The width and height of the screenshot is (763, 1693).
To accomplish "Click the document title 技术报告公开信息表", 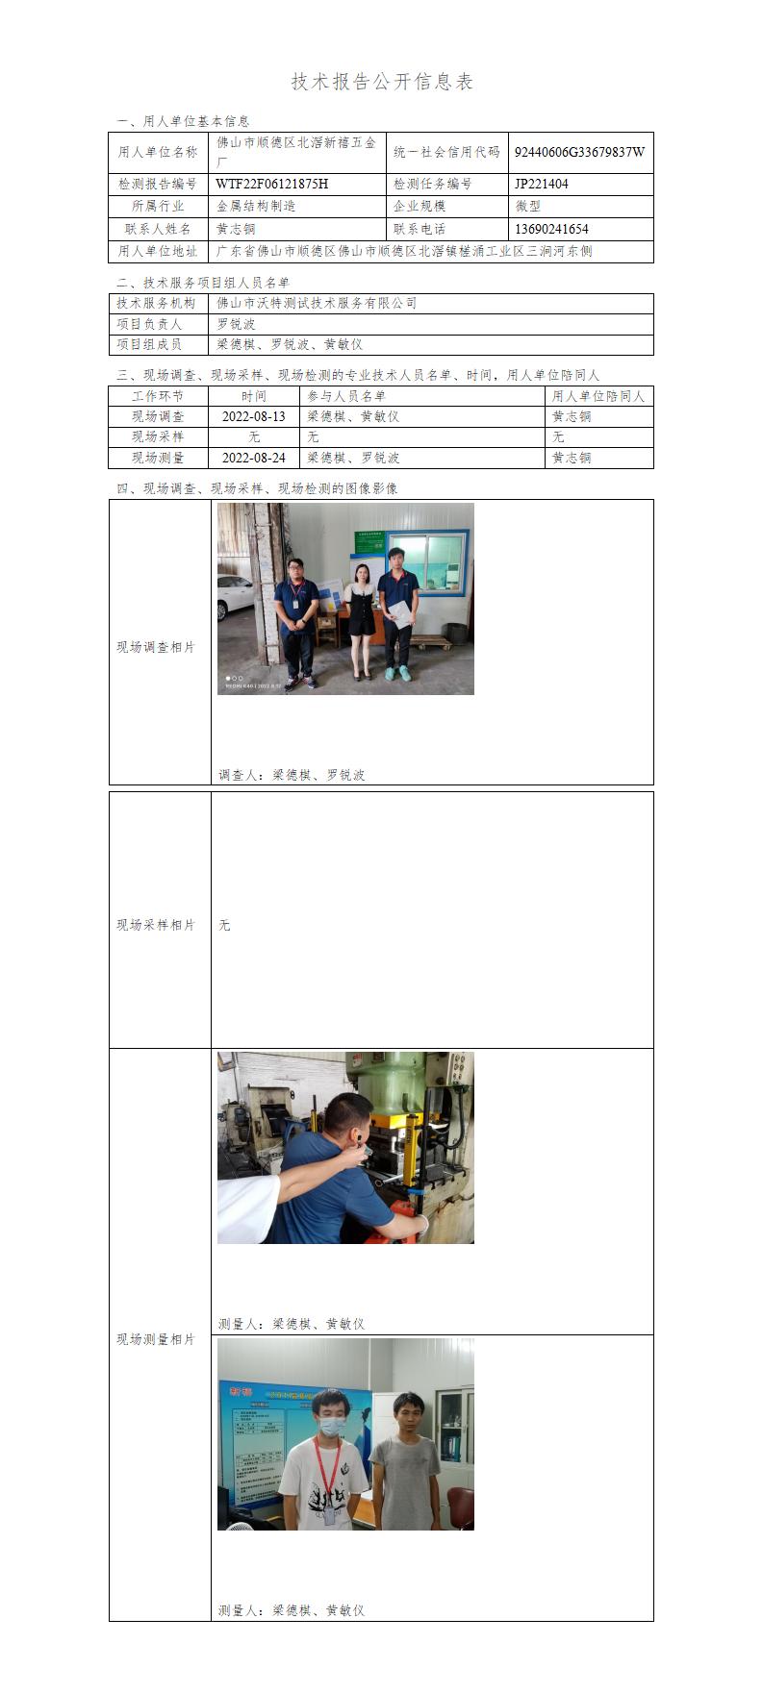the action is (382, 82).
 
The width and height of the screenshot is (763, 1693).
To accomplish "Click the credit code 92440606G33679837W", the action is (579, 152).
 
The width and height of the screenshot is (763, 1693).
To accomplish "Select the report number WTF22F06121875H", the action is (271, 184).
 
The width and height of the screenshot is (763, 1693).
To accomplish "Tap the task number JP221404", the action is (542, 184).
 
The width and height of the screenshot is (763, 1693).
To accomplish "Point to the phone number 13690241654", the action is (551, 229).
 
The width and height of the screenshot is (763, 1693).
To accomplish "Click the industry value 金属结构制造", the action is (256, 206).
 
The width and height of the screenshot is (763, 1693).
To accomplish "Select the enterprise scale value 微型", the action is (528, 206).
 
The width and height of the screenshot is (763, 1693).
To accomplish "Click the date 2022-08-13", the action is (254, 416).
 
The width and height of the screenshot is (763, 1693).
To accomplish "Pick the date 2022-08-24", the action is (254, 458).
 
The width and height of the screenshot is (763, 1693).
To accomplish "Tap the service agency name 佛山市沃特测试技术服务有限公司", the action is (317, 303).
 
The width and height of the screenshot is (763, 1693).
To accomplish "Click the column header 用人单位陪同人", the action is (598, 396).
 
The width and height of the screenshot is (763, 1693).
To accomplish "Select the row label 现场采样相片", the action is (156, 925).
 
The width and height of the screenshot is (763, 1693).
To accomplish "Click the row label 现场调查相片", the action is (156, 648).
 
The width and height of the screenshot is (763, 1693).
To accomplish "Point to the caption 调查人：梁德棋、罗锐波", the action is (292, 775).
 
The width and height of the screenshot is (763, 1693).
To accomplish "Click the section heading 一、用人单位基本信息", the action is (183, 121).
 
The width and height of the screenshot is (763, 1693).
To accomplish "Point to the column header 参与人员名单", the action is (346, 396).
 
